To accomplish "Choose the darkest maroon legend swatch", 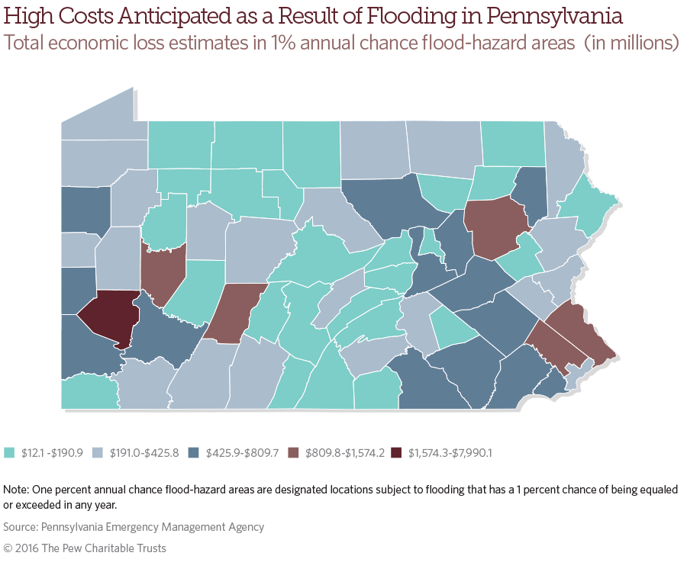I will point(395,452).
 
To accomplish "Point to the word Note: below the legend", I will point(16,489).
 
